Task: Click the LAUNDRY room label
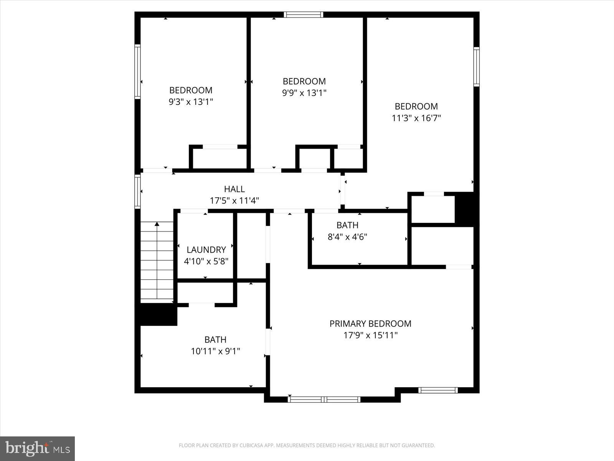point(206,250)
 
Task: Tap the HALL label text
point(234,189)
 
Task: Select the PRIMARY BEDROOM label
point(370,324)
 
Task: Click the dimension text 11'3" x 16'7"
point(416,118)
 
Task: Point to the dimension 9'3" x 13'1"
point(191,102)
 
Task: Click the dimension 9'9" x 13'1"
point(304,93)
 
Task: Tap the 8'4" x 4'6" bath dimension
point(347,237)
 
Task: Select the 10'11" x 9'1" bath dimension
point(215,351)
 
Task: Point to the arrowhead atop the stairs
point(157,224)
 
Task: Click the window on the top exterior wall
point(304,15)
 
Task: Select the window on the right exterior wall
point(476,66)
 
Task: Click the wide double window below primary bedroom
point(324,400)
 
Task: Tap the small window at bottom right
point(438,390)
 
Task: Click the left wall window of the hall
point(137,191)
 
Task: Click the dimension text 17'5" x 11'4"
point(234,201)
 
